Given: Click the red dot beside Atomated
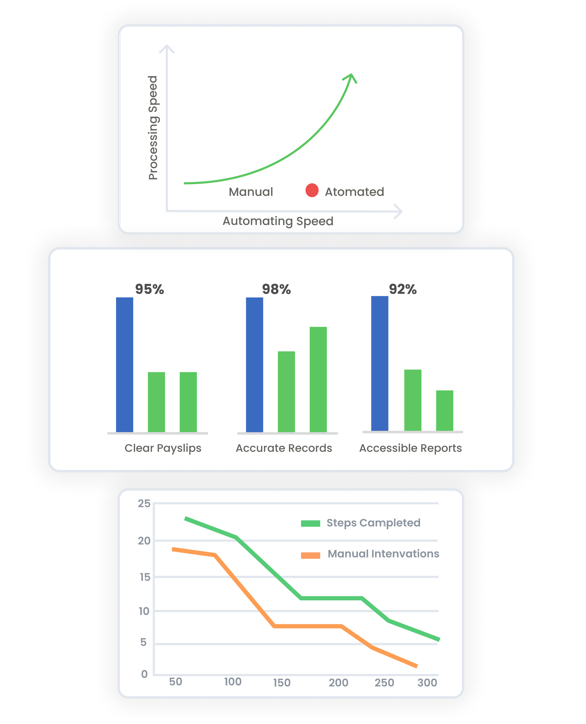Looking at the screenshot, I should tap(312, 190).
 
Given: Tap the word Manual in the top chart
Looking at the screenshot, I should tap(251, 192).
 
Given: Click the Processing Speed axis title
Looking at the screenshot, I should tap(153, 128).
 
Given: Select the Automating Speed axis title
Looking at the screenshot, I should tap(278, 221).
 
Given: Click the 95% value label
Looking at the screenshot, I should tap(150, 289).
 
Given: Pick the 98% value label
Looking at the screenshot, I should tap(276, 289).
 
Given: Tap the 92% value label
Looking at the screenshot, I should tap(403, 289).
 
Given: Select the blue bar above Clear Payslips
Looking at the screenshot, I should tap(125, 364).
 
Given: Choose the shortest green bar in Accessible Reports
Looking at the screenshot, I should tap(445, 410).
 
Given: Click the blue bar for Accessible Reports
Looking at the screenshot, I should tap(380, 363).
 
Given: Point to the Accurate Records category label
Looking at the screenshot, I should tap(284, 448).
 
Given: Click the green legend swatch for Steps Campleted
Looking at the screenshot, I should tap(310, 524).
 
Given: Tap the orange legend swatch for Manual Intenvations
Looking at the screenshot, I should tap(310, 556).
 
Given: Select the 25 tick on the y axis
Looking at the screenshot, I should tap(144, 504).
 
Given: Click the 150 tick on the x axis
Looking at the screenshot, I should tap(282, 683).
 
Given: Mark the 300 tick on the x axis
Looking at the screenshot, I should tap(427, 683).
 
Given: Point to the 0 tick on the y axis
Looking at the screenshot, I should tap(144, 674).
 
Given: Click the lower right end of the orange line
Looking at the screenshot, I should tap(417, 666).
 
